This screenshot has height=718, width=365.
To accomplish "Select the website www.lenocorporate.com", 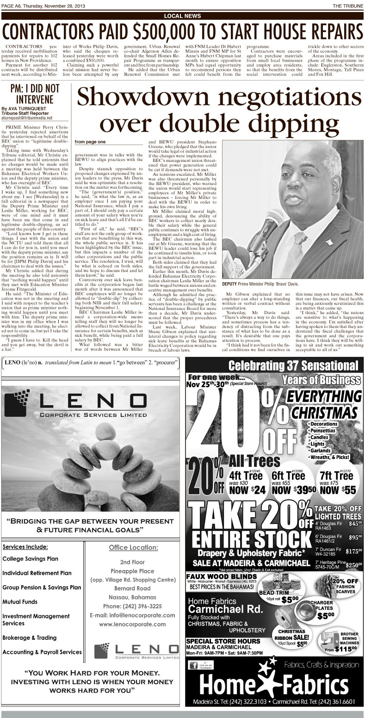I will (x=132, y=624).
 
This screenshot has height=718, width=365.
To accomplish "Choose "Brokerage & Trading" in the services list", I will (x=30, y=637).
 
